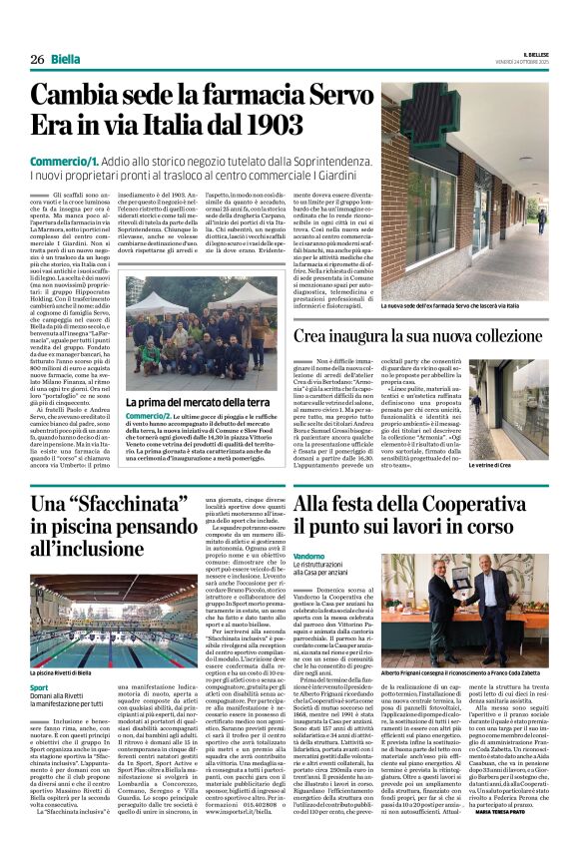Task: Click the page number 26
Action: [x=37, y=60]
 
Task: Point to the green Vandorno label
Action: [x=309, y=555]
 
